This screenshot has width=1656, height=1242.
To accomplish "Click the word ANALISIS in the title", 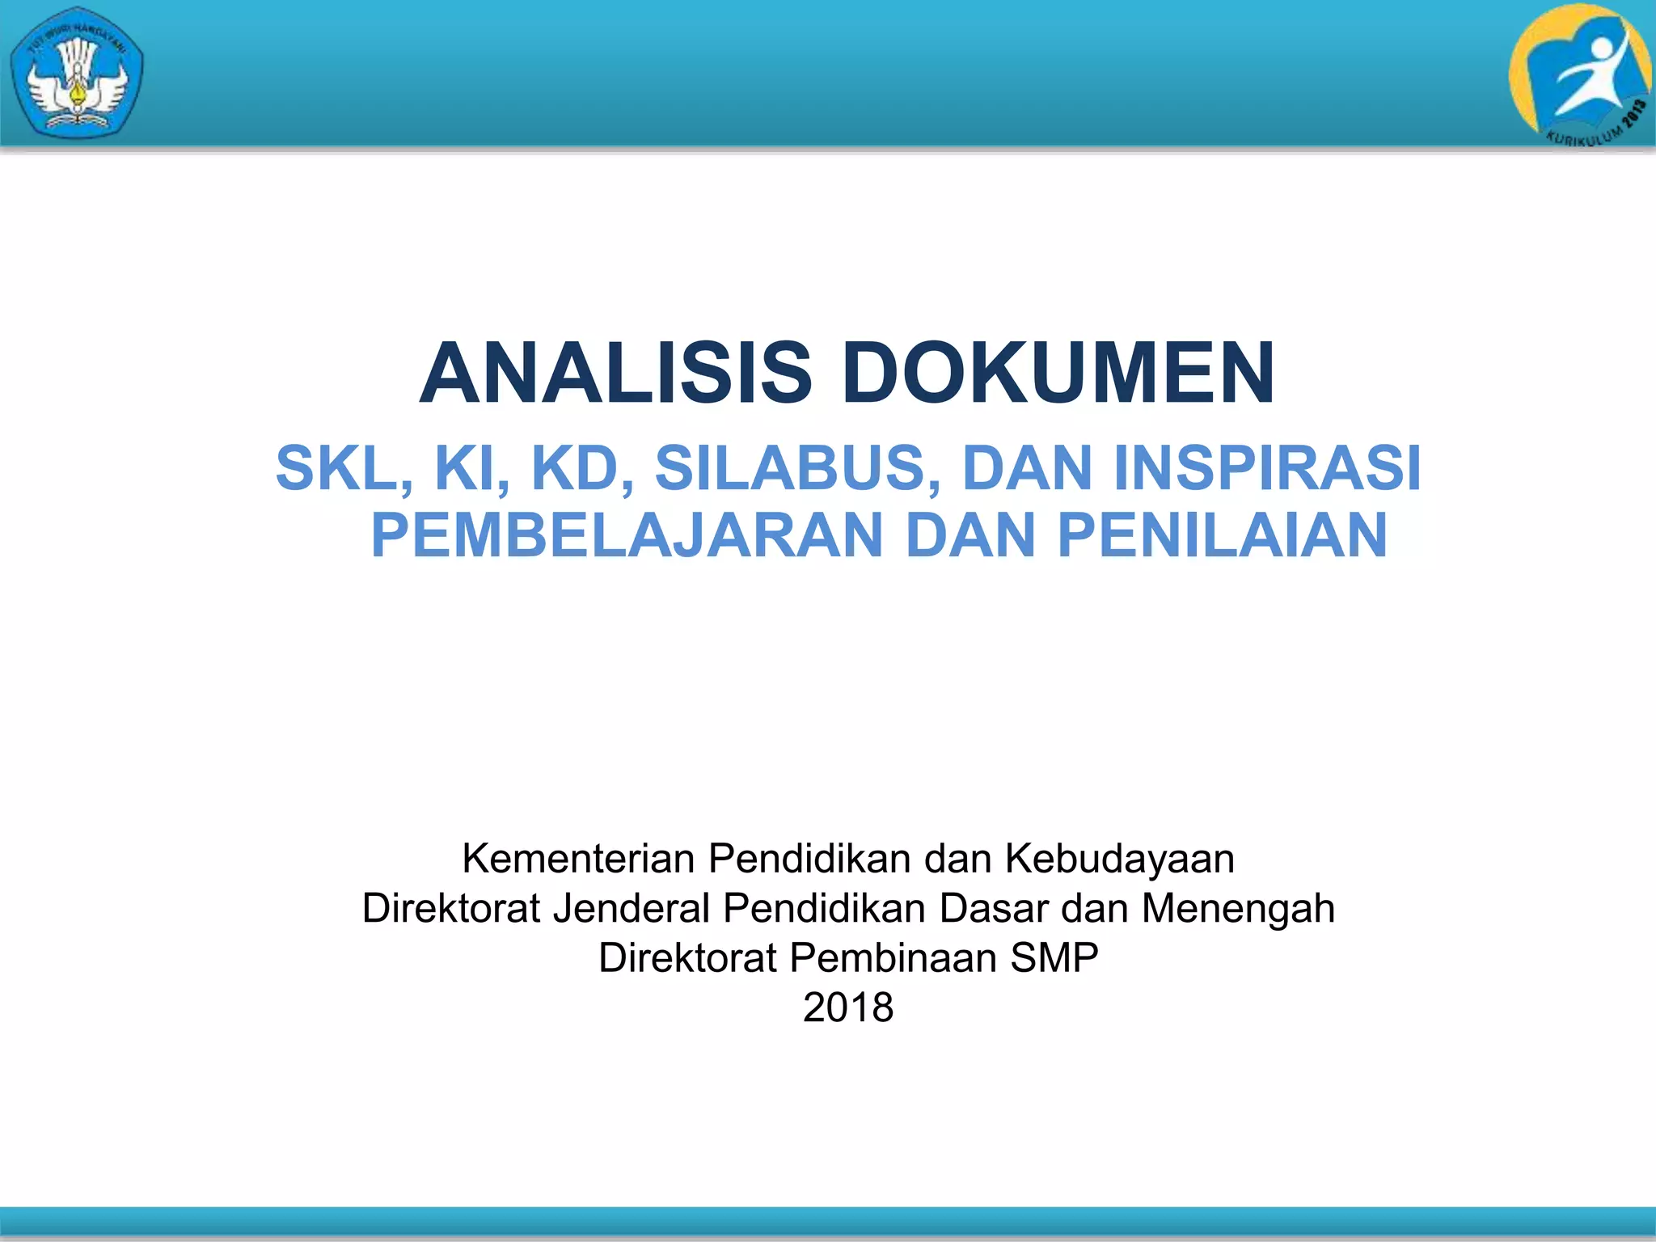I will (615, 373).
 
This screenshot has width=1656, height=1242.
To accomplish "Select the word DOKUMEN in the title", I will (1058, 373).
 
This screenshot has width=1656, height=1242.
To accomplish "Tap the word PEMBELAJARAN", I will (627, 535).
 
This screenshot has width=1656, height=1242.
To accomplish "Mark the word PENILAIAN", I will (1222, 535).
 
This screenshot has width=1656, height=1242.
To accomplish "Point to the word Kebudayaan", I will (1120, 859).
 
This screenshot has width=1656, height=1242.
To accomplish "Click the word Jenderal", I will (632, 908).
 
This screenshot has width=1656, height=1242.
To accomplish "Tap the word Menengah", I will (1238, 908).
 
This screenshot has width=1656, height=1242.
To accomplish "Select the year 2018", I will (848, 1008).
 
